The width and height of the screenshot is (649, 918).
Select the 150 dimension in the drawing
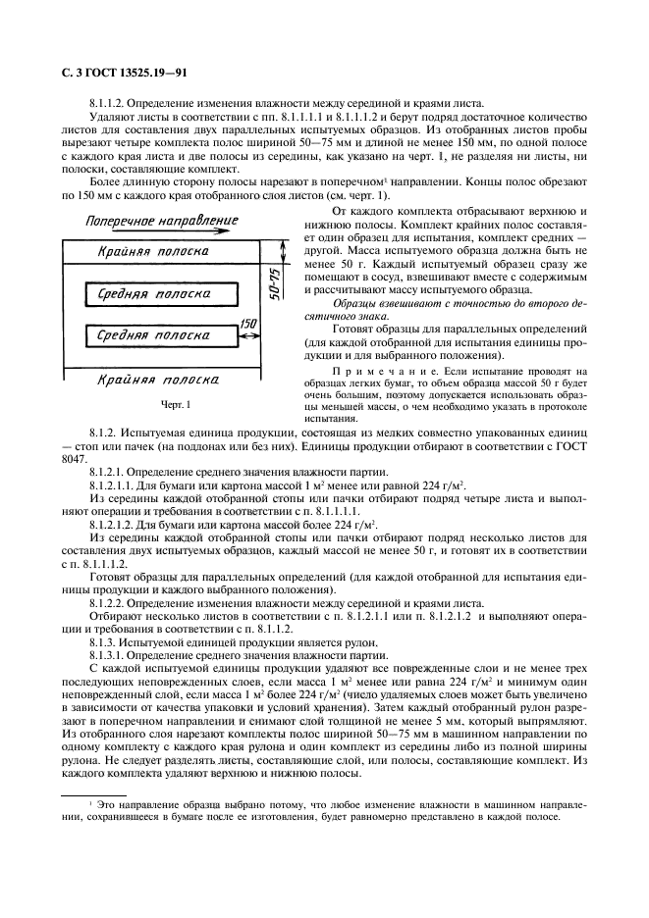tap(249, 323)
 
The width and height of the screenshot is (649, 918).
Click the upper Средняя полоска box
tap(160, 293)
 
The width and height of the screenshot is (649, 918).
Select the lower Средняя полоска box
tap(160, 336)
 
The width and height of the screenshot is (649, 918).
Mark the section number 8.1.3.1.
tap(108, 654)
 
